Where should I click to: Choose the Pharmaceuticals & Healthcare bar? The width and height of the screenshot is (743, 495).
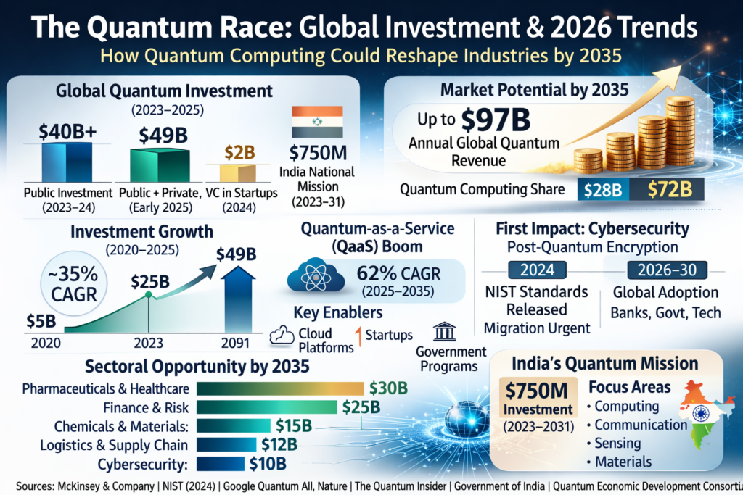280,388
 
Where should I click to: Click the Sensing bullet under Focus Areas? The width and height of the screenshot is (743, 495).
616,443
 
